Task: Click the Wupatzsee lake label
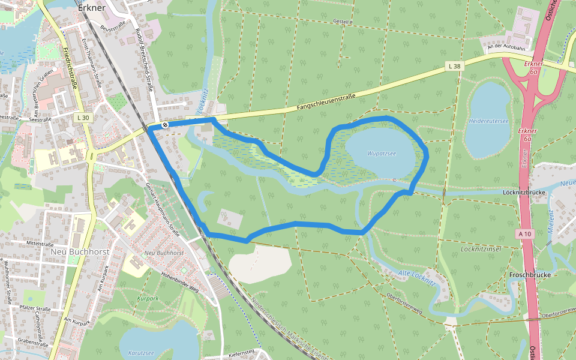[x=382, y=154]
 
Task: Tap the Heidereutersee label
[x=488, y=121]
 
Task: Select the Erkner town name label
[x=92, y=8]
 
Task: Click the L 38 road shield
[x=454, y=65]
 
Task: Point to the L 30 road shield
[x=83, y=118]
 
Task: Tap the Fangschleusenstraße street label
[x=326, y=103]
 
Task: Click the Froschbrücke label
[x=530, y=275]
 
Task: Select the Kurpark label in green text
[x=148, y=298]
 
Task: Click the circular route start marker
[x=164, y=125]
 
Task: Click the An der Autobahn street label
[x=506, y=47]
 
